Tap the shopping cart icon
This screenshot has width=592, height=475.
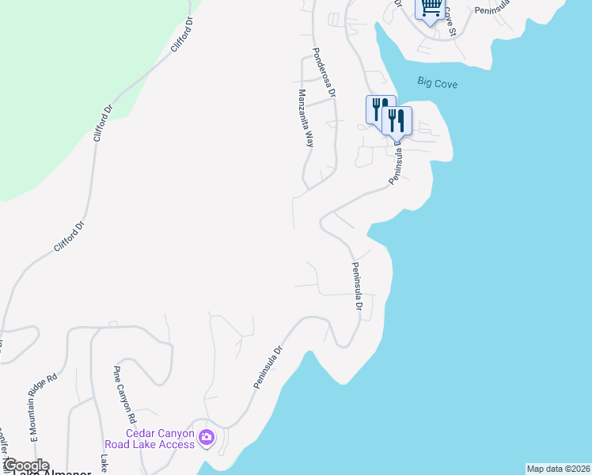(430, 9)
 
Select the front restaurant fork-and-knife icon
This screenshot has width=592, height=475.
(397, 121)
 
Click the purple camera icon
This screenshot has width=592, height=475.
(207, 437)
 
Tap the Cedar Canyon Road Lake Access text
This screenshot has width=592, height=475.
(161, 439)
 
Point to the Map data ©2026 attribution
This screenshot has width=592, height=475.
(558, 469)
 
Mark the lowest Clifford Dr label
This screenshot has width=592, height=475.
(68, 237)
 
